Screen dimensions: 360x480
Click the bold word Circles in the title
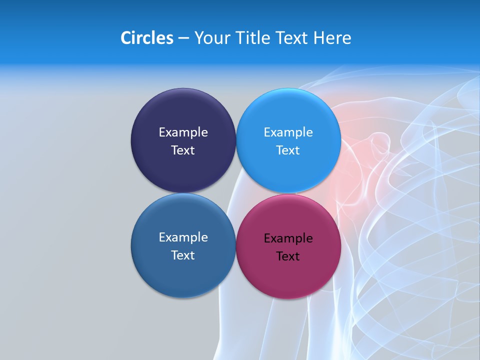(x=146, y=38)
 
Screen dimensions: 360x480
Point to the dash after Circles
(x=183, y=38)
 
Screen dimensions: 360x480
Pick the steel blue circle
(x=183, y=272)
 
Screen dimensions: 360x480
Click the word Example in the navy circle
(x=183, y=132)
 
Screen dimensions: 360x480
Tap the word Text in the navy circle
(x=183, y=150)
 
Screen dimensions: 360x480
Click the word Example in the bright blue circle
(x=288, y=132)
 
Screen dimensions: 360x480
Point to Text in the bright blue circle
(x=288, y=150)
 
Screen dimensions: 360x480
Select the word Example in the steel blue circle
(x=183, y=237)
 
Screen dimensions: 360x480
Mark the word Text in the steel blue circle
(x=183, y=255)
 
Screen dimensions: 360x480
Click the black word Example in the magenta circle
(x=288, y=238)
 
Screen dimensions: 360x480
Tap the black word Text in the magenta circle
(x=288, y=256)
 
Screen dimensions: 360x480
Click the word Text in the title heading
(x=292, y=38)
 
